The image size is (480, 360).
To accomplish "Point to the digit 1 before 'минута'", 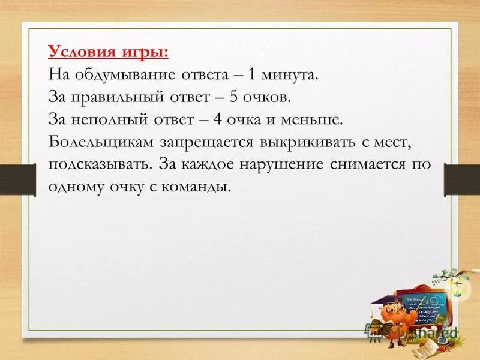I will tap(253, 76).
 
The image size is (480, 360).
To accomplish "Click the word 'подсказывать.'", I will tap(100, 164).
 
